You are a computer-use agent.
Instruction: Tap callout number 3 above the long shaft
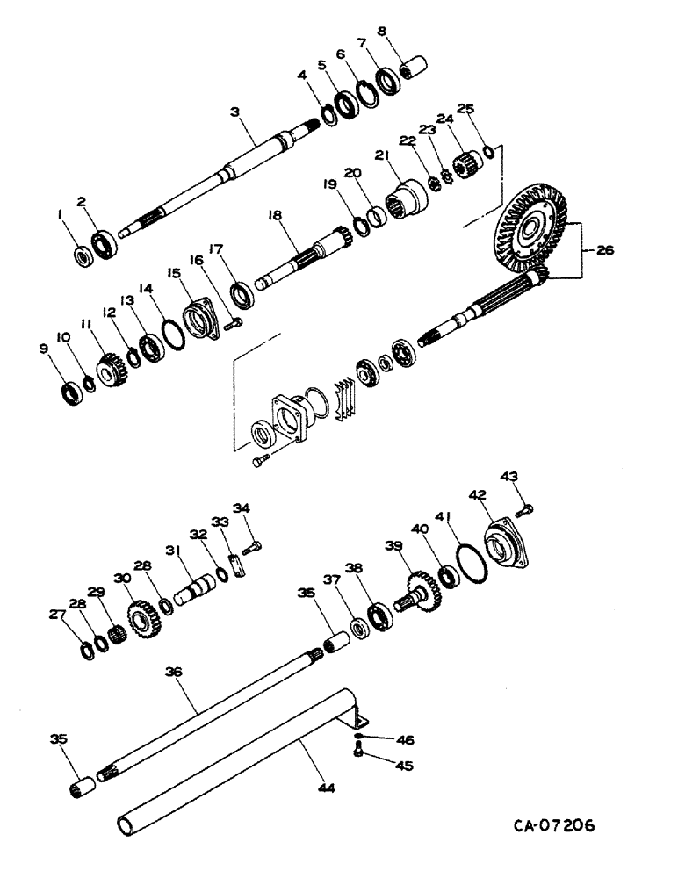pos(234,112)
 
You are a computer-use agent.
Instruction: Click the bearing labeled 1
pos(84,255)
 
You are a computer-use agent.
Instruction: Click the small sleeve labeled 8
pos(411,66)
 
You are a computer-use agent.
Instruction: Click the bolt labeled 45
pos(358,752)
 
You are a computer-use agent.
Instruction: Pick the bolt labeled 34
pos(252,547)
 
